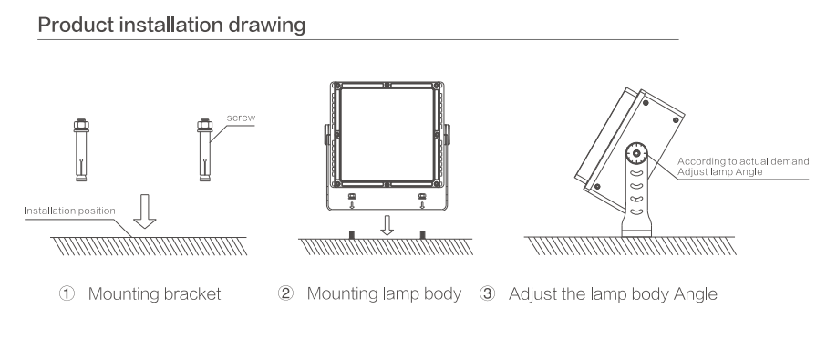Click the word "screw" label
241,118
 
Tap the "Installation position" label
69,211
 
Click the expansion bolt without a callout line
81,149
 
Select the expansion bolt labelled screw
204,149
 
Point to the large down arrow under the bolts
145,211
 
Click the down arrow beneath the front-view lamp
387,225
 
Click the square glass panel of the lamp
387,134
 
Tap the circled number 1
67,294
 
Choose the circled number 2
285,294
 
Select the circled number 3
487,294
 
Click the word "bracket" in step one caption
192,294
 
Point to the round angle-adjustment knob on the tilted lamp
636,154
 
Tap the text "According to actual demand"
743,162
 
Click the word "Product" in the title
76,25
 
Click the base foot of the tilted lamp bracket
636,229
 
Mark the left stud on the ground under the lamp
352,235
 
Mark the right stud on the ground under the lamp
422,235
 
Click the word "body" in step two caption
443,295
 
